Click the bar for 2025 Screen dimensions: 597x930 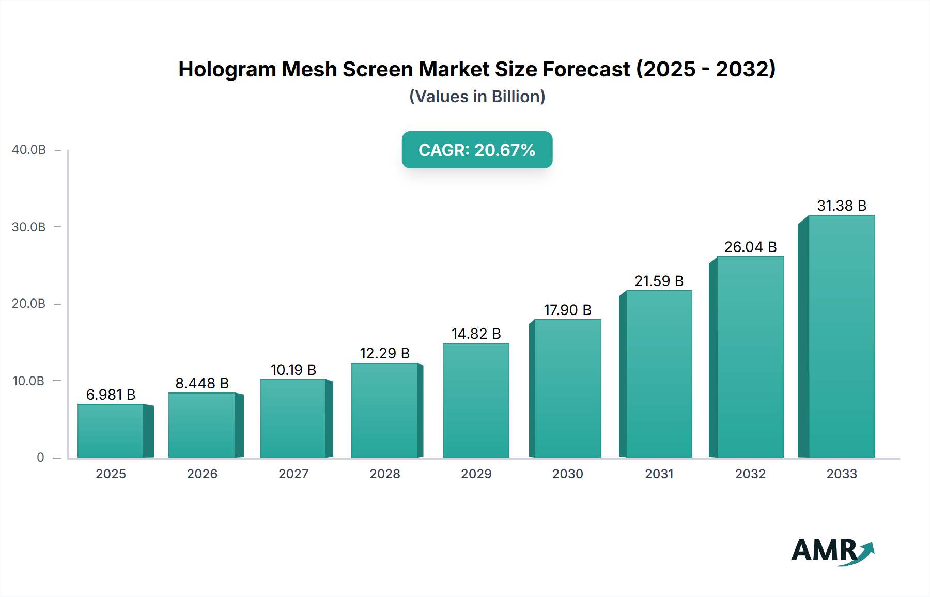click(x=111, y=431)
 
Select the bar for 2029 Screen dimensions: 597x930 click(x=476, y=400)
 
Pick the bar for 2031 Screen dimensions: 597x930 click(x=659, y=374)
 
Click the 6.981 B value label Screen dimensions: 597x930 click(x=111, y=395)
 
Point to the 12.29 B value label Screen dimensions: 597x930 click(x=385, y=353)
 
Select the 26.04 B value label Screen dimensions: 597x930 click(x=750, y=247)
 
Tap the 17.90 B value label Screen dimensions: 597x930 click(x=567, y=310)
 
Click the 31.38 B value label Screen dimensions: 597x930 click(x=842, y=206)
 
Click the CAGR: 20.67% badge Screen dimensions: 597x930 click(x=477, y=150)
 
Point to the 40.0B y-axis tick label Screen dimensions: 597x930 click(x=29, y=150)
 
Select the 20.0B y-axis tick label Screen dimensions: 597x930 click(x=29, y=304)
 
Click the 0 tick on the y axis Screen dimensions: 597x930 click(x=40, y=458)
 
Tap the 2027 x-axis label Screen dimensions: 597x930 click(x=293, y=474)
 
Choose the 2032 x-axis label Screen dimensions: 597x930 click(x=750, y=474)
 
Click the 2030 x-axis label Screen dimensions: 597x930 click(x=567, y=474)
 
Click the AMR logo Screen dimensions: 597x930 click(x=832, y=551)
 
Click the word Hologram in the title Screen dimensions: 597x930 click(x=227, y=69)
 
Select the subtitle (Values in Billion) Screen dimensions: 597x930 click(x=477, y=97)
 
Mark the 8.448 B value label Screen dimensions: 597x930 click(x=202, y=383)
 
